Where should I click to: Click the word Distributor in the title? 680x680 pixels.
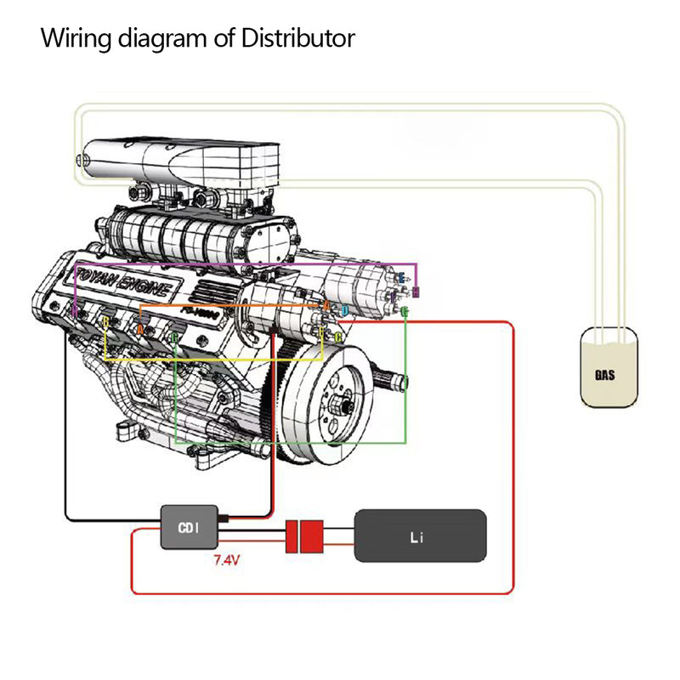(300, 38)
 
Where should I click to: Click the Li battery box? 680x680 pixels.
(420, 535)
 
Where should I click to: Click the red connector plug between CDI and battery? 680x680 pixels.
(305, 536)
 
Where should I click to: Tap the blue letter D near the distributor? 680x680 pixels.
(344, 311)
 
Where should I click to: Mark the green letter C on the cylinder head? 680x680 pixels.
(174, 338)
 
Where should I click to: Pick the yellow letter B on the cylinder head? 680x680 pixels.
(105, 323)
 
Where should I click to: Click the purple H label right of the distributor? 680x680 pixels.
(415, 292)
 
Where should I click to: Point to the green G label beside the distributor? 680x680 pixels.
(405, 312)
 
